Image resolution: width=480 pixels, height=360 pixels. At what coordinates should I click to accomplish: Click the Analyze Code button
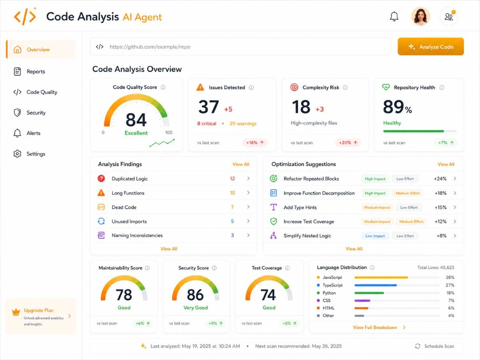(430, 46)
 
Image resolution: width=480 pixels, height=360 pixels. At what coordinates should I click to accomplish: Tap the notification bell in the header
(394, 16)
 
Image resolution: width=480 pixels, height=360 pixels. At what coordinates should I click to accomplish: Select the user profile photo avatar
(420, 16)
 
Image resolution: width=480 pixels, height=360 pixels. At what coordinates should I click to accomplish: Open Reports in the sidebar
(36, 72)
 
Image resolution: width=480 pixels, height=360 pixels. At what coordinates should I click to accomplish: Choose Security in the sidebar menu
(36, 112)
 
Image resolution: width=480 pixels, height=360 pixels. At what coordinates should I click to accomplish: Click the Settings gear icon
(17, 154)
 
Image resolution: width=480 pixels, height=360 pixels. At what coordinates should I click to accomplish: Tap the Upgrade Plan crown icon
(16, 312)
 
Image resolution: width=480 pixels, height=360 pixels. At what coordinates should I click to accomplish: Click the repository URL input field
(240, 46)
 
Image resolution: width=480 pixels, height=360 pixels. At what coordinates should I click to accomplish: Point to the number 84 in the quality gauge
(136, 120)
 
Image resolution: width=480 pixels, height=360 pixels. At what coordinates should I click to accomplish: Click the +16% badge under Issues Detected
(255, 142)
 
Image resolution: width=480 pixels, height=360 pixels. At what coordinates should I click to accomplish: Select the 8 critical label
(207, 124)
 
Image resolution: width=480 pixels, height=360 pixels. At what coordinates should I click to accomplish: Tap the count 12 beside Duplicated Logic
(232, 178)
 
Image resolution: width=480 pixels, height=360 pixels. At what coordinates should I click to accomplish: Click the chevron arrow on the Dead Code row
(248, 207)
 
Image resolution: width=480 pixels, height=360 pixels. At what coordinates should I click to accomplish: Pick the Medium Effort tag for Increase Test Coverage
(411, 222)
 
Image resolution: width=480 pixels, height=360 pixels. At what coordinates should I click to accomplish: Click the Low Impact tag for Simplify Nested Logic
(375, 236)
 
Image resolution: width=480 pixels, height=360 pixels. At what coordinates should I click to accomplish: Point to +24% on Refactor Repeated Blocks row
(440, 178)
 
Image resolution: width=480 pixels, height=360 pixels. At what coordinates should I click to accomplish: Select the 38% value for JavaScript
(450, 277)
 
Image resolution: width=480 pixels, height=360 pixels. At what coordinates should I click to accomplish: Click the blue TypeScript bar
(376, 285)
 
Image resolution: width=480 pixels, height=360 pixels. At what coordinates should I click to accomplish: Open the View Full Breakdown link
(375, 328)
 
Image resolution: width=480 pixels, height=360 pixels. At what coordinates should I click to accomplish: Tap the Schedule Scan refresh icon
(418, 346)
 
